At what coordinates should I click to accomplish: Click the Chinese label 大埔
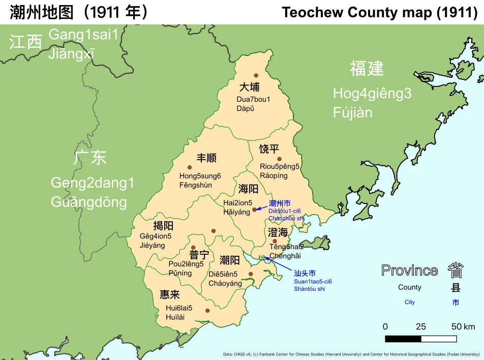(x=249, y=87)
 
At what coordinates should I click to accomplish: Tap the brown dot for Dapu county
(x=256, y=75)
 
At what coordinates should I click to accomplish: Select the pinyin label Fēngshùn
(x=196, y=185)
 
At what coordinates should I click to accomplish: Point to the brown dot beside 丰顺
(x=190, y=167)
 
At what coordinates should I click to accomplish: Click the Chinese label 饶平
(x=269, y=149)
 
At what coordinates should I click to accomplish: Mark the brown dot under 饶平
(x=279, y=159)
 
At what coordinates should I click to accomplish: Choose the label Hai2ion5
(x=238, y=202)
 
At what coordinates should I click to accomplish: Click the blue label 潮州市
(x=280, y=203)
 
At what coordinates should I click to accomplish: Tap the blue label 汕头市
(x=305, y=273)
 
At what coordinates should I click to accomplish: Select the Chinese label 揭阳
(x=163, y=225)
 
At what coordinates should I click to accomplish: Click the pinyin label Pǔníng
(x=180, y=273)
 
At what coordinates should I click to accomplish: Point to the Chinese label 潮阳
(x=230, y=260)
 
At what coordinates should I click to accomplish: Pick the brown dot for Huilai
(x=207, y=311)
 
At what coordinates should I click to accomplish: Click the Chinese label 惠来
(x=170, y=295)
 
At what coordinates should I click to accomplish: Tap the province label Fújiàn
(x=353, y=112)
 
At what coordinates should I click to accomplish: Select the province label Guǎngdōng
(x=89, y=202)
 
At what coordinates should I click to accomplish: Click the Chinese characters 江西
(x=25, y=42)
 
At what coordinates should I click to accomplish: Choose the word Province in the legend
(x=409, y=271)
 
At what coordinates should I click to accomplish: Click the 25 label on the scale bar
(x=421, y=326)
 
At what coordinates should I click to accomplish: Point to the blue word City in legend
(x=410, y=302)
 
